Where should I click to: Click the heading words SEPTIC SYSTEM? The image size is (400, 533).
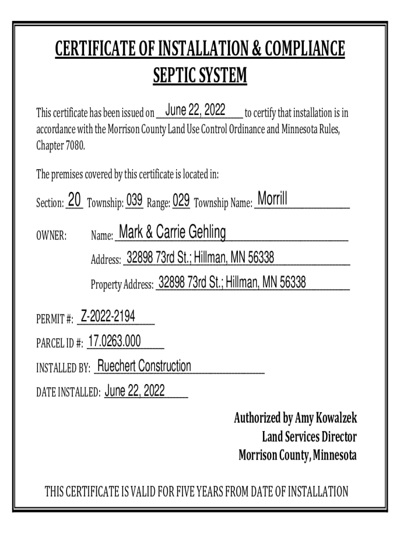coord(200,77)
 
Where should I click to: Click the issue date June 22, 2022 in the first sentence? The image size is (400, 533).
coord(195,110)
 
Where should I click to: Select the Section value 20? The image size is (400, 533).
coord(75,199)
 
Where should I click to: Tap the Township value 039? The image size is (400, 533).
coord(135,200)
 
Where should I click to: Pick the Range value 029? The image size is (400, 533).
coord(181,200)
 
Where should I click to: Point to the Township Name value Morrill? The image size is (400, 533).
coord(272,198)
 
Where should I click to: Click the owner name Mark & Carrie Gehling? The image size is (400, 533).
coord(172,232)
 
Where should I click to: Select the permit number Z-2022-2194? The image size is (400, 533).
coord(108,316)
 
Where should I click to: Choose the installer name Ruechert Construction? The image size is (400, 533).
coord(144,366)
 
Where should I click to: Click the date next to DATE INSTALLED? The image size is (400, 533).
coord(135,391)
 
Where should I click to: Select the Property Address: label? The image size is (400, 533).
coord(122,285)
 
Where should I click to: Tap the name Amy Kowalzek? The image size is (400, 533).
coord(326,418)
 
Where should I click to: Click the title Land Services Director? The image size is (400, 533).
coord(309,437)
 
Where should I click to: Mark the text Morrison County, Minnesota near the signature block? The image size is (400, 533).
coord(297,455)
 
